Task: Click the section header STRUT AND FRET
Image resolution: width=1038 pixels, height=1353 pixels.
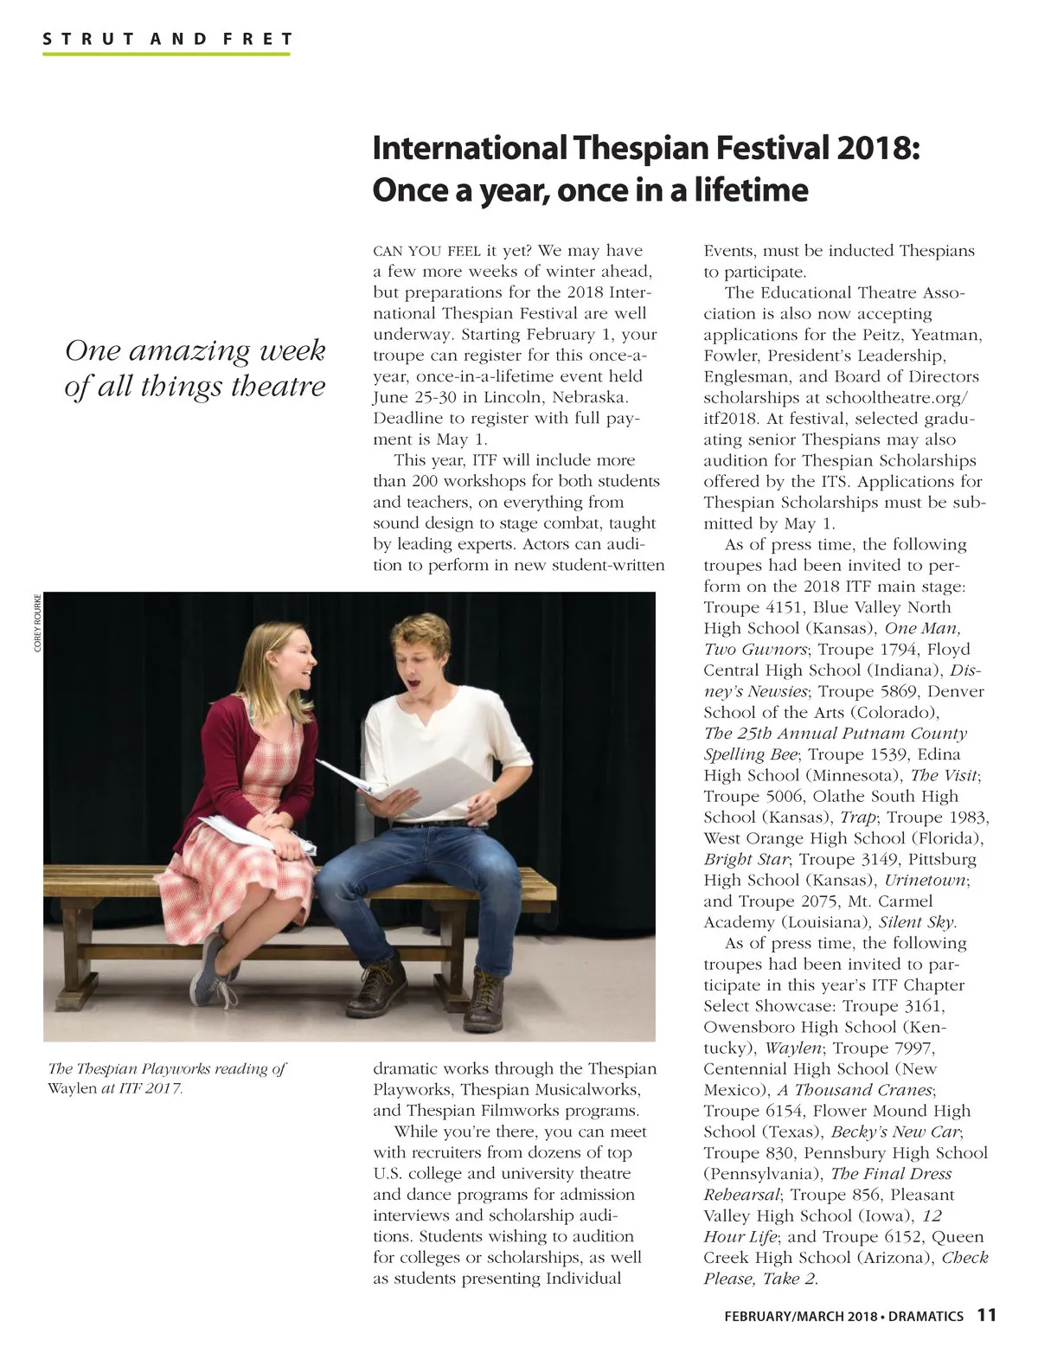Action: pyautogui.click(x=167, y=39)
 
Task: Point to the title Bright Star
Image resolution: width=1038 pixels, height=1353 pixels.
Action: pyautogui.click(x=746, y=859)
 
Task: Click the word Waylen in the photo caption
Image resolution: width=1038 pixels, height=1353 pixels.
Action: pyautogui.click(x=72, y=1087)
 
